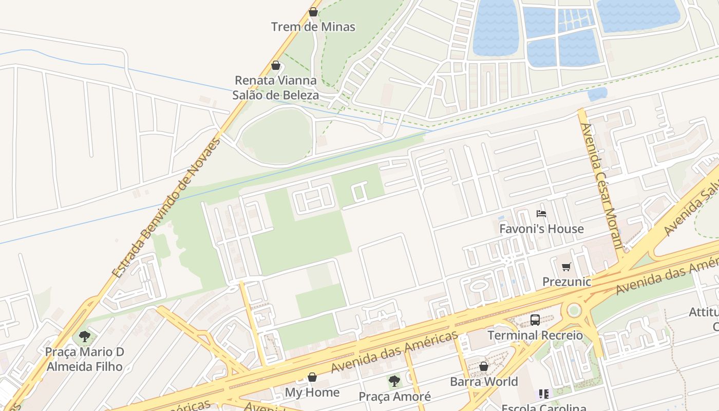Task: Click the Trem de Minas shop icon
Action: (313, 12)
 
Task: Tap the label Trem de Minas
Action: (313, 27)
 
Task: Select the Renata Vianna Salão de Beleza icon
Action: (276, 65)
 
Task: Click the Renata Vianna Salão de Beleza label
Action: (276, 88)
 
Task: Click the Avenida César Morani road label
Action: (600, 185)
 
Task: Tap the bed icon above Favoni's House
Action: (541, 214)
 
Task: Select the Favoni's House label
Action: (541, 229)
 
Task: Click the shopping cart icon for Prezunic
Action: (566, 267)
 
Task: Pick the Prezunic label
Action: (566, 282)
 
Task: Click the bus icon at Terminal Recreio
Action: (535, 320)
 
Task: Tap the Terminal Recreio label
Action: (535, 335)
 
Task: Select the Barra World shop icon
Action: (484, 366)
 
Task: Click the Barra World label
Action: (484, 382)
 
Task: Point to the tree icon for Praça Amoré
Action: (394, 381)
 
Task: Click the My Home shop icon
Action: (312, 378)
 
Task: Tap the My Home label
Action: (312, 393)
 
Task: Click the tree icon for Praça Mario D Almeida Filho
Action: (85, 337)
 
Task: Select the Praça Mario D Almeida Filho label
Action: (85, 359)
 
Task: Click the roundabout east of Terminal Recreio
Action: (574, 310)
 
